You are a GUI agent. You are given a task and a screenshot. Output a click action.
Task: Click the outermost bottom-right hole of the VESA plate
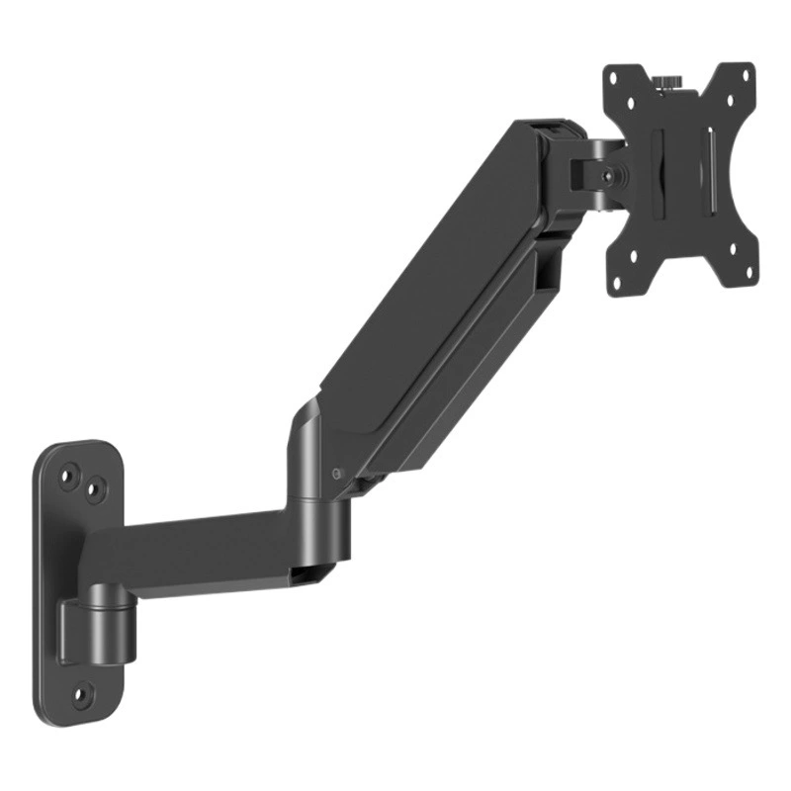point(743,280)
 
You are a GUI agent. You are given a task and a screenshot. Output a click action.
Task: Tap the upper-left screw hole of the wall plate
point(69,476)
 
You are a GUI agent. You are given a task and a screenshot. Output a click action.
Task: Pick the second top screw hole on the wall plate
point(96,486)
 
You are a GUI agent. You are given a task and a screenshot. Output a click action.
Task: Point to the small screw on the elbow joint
point(339,473)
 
